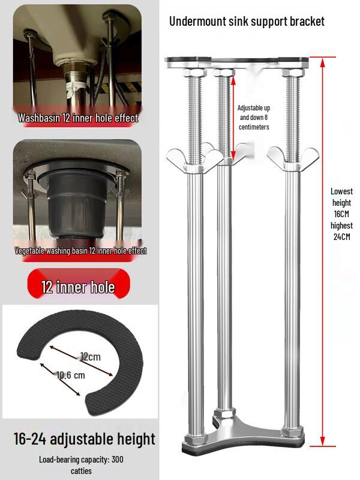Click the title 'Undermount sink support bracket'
247,22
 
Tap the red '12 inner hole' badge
78,287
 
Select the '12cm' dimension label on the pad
90,356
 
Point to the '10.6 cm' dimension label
71,376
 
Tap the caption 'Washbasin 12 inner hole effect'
78,118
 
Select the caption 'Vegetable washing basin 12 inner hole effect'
80,251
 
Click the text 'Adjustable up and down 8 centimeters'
253,118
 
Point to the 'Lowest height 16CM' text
341,202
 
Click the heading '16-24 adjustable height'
84,439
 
